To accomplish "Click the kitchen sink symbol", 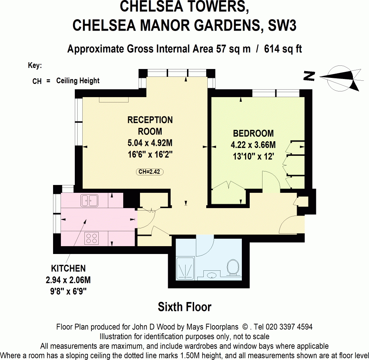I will pos(89,200).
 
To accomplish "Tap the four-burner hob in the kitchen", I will pos(92,238).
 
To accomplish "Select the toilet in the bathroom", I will pos(233,267).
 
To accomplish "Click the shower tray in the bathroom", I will pos(185,268).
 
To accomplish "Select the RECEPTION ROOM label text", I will pos(150,126).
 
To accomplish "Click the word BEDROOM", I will pos(253,134).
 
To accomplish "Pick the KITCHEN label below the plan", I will pos(68,268).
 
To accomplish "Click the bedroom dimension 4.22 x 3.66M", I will pos(253,145).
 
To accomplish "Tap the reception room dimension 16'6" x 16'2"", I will pos(150,154).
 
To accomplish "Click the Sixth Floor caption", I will pos(184,307).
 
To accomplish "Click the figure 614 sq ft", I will pos(283,49).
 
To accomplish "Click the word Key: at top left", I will pos(35,65).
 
